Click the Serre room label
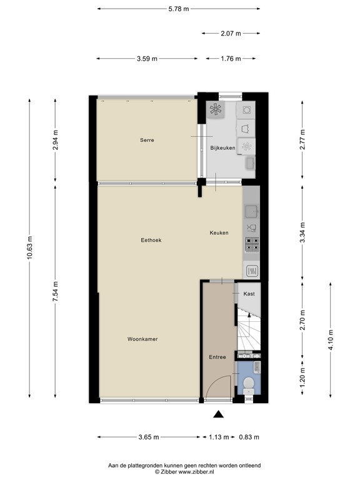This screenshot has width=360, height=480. (x=147, y=141)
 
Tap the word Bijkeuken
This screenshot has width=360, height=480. (x=222, y=148)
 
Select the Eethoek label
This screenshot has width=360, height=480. (x=151, y=240)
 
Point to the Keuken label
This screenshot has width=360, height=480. (x=219, y=233)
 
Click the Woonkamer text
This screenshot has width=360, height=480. (x=142, y=339)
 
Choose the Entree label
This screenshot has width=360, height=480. (x=217, y=357)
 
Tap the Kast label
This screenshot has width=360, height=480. (x=249, y=294)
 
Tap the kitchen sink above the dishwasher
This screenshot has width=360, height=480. (x=252, y=211)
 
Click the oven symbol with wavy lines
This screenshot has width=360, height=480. (x=252, y=271)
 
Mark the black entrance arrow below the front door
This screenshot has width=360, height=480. (x=218, y=414)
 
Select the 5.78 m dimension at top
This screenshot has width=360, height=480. (x=178, y=9)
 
